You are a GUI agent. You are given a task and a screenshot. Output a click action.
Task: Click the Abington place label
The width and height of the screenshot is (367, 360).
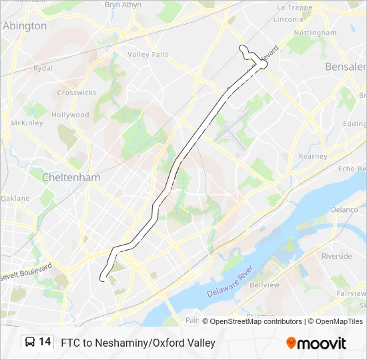pos(25,26)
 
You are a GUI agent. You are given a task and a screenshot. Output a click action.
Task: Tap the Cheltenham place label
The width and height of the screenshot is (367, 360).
pos(71,177)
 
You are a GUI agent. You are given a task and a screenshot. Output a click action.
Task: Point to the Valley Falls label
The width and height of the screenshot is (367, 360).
pos(148,55)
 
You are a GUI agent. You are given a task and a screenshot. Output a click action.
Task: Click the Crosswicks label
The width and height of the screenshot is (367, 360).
pos(77,93)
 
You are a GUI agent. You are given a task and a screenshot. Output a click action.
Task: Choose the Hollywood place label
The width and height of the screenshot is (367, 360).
pos(70,115)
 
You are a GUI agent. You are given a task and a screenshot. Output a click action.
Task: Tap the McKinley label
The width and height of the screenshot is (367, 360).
pos(27,123)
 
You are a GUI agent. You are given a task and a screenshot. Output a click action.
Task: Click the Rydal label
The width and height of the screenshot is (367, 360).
pos(43,68)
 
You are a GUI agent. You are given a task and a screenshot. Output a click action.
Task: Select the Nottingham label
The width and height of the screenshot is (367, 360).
pos(315,33)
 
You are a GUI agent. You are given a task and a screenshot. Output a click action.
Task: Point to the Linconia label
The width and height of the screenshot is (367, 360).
pos(289,19)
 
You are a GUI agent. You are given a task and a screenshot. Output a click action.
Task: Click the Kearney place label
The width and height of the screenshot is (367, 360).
pos(313,156)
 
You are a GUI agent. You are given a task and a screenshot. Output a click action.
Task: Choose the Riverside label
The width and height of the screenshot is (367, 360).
pos(336,256)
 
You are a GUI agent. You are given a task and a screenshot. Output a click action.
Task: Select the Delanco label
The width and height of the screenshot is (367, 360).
pos(344,209)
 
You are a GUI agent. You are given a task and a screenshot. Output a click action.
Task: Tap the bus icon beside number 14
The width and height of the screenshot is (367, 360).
pos(31,342)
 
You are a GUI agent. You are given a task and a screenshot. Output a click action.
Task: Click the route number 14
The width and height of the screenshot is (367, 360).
pos(45,342)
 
